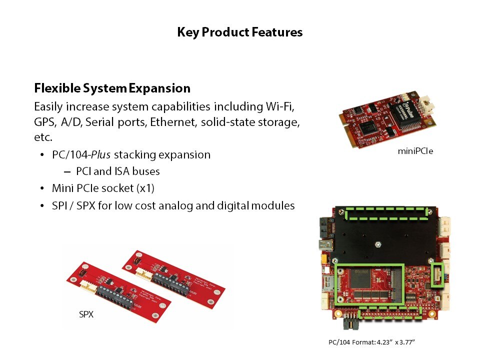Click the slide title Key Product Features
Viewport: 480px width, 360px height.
(239, 32)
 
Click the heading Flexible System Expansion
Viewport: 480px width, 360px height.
(112, 88)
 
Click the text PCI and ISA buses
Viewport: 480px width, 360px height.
(118, 171)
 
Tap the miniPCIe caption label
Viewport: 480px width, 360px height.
(415, 151)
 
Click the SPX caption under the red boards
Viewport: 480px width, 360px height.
(86, 314)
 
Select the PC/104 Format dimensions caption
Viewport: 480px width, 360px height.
(371, 342)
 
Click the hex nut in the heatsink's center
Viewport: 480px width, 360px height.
(378, 244)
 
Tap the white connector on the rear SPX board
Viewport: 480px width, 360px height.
(144, 273)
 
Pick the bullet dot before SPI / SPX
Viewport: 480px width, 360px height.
(42, 205)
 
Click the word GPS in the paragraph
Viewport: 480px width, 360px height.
(44, 122)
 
